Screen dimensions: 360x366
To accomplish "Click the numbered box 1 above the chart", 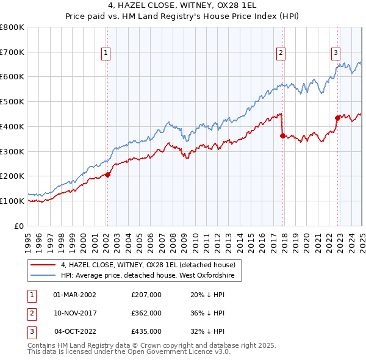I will (x=106, y=53).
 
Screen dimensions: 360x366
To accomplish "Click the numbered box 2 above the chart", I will (x=281, y=53).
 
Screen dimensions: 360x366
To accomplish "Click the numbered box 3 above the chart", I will (x=335, y=53).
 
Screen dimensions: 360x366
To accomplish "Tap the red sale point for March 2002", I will (x=107, y=175).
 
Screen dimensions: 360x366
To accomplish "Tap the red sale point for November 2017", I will (x=282, y=135).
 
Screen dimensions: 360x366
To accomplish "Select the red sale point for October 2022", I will (x=337, y=118).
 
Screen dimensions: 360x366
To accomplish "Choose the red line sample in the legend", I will (x=43, y=265).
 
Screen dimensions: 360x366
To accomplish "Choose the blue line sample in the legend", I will (x=43, y=276).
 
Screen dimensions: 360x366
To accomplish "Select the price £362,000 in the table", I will (x=146, y=313).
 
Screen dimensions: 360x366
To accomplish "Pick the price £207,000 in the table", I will (x=146, y=295).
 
